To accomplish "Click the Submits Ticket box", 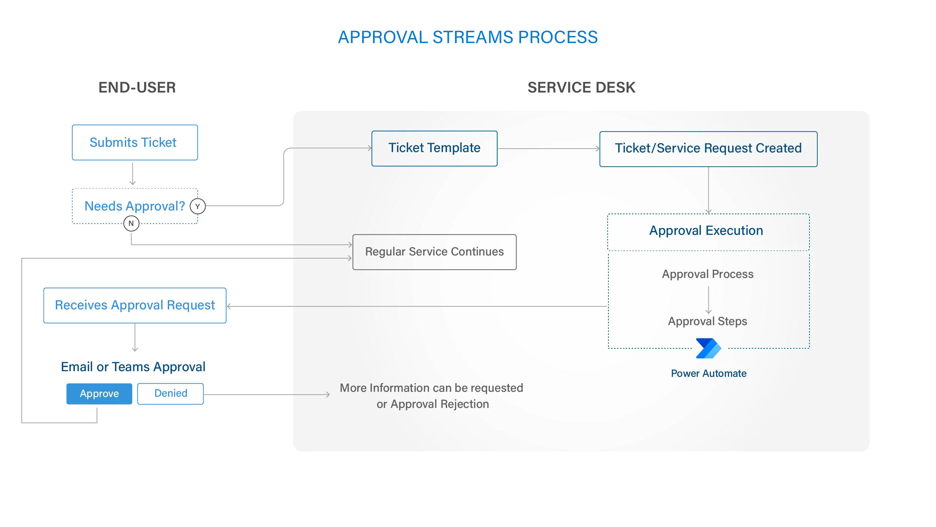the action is click(135, 142).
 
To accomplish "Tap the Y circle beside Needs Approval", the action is click(198, 206).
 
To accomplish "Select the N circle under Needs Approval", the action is click(131, 224).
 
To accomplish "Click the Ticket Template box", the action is click(434, 148).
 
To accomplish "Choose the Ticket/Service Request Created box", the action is click(708, 149).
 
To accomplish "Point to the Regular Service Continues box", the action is click(434, 252).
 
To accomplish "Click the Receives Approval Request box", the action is click(135, 305).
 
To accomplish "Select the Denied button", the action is click(170, 394).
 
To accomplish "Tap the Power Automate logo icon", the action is click(708, 348).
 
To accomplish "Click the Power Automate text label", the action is click(708, 373).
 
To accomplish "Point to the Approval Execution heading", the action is click(706, 231).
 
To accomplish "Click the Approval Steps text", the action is click(708, 321).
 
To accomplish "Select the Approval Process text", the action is click(708, 274).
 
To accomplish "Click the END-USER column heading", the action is click(137, 88).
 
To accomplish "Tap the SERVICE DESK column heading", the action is click(581, 88).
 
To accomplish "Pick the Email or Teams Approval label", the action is click(133, 367).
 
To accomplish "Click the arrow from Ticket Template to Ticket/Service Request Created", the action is click(548, 149).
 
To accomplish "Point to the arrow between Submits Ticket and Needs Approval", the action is click(133, 174).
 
